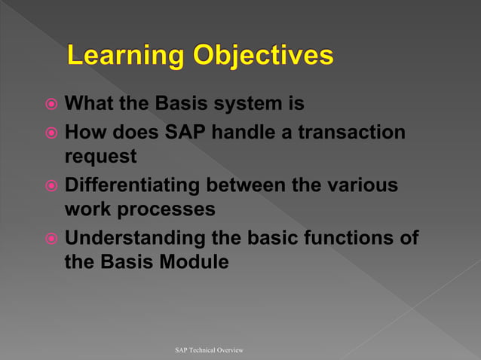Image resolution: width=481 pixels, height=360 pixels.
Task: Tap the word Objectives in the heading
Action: click(263, 56)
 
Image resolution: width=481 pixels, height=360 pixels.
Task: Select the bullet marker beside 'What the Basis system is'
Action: click(51, 102)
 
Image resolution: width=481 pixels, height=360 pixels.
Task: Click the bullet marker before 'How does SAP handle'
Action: click(51, 133)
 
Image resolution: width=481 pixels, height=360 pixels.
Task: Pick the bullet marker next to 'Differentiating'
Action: click(51, 186)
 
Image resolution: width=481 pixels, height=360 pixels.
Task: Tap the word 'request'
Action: click(101, 157)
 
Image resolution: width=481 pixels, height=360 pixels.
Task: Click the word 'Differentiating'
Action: click(131, 185)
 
